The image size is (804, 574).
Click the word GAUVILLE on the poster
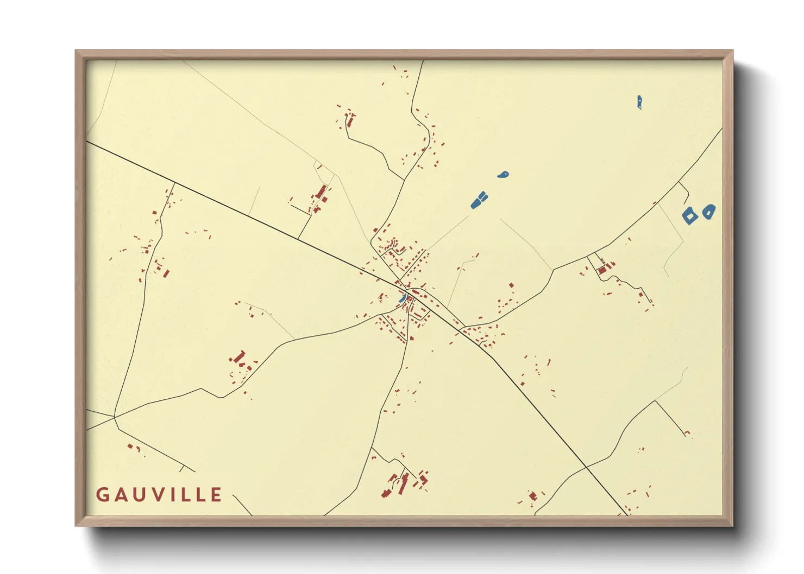(159, 494)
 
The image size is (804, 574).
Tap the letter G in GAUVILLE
(102, 494)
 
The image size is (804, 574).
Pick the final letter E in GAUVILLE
(216, 494)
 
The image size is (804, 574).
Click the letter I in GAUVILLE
(168, 494)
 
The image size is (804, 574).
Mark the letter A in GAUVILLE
(119, 494)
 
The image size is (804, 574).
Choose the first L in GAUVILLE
(182, 494)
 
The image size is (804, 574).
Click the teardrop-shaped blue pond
(503, 175)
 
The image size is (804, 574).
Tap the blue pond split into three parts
(479, 200)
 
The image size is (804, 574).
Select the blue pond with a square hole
(689, 215)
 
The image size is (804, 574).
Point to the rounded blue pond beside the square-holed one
(708, 212)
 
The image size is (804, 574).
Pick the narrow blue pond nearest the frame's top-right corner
(640, 101)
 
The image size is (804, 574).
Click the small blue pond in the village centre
(403, 298)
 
